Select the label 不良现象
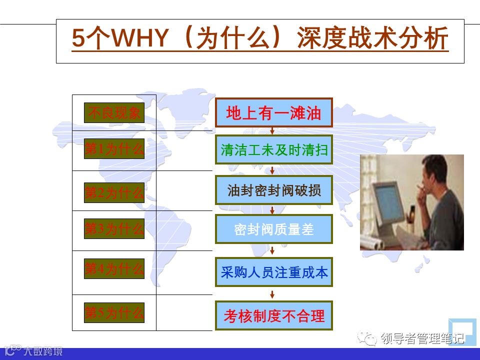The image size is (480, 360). (114, 112)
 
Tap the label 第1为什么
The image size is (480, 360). (114, 149)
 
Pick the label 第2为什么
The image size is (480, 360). (114, 192)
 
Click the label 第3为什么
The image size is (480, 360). (114, 228)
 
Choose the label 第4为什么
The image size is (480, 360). (114, 268)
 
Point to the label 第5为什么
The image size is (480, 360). (114, 312)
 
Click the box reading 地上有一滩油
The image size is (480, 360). (274, 112)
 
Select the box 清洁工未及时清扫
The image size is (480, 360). (274, 149)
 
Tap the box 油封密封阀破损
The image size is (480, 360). (274, 190)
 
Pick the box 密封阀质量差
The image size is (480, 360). (274, 229)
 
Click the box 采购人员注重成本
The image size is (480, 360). (274, 272)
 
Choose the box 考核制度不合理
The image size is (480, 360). (274, 315)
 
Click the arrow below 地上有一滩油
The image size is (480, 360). (272, 131)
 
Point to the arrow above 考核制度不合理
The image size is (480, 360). (272, 294)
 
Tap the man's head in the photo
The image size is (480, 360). (434, 173)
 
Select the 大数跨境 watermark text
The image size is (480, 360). (43, 351)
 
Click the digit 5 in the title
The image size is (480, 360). (78, 38)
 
